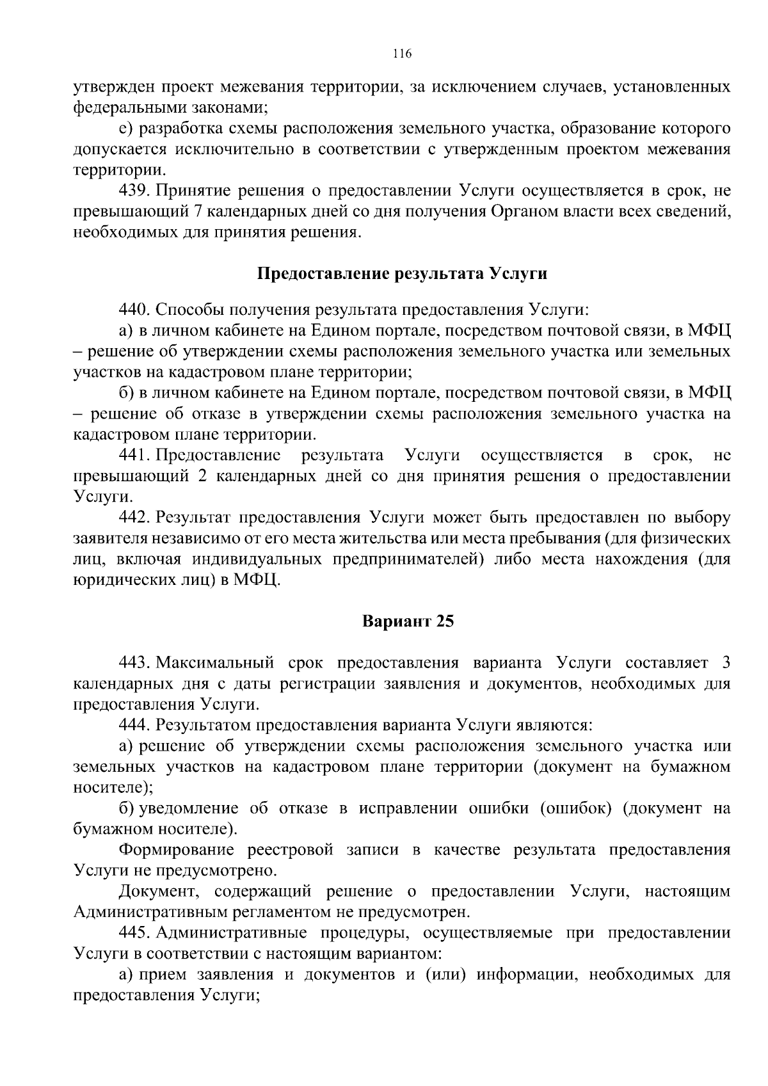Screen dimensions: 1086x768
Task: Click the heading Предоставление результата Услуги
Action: pyautogui.click(x=402, y=274)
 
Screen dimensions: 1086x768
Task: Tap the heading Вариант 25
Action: pyautogui.click(x=408, y=621)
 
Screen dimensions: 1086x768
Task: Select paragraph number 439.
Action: pyautogui.click(x=134, y=191)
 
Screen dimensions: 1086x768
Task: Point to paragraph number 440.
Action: pyautogui.click(x=134, y=310)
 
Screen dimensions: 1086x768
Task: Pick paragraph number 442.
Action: pyautogui.click(x=134, y=517)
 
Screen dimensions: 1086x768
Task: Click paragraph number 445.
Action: pyautogui.click(x=134, y=932)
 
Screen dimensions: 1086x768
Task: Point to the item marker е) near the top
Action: pyautogui.click(x=125, y=129)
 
